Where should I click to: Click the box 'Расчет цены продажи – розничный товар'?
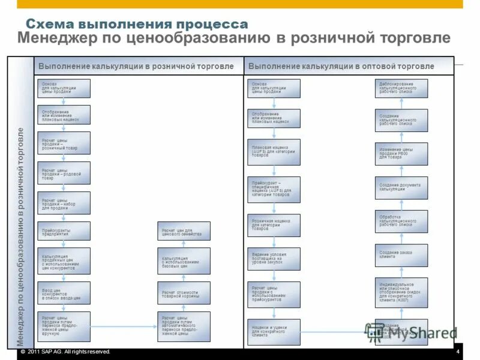point(64,143)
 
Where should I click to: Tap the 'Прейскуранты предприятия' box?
point(64,231)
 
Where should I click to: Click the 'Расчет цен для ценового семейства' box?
point(184,231)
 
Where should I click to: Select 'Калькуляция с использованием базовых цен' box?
point(184,260)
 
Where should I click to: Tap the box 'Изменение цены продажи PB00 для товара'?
point(401,154)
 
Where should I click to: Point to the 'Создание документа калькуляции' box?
point(401,188)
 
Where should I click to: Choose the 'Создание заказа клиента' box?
point(401,255)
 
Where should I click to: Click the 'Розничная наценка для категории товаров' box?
point(274,224)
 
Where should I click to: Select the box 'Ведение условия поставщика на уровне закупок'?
point(274,259)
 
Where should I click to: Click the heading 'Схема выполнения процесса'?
point(136,25)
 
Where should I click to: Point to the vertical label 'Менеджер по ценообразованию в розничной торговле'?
point(21,236)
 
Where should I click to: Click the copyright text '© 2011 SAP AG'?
point(66,352)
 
